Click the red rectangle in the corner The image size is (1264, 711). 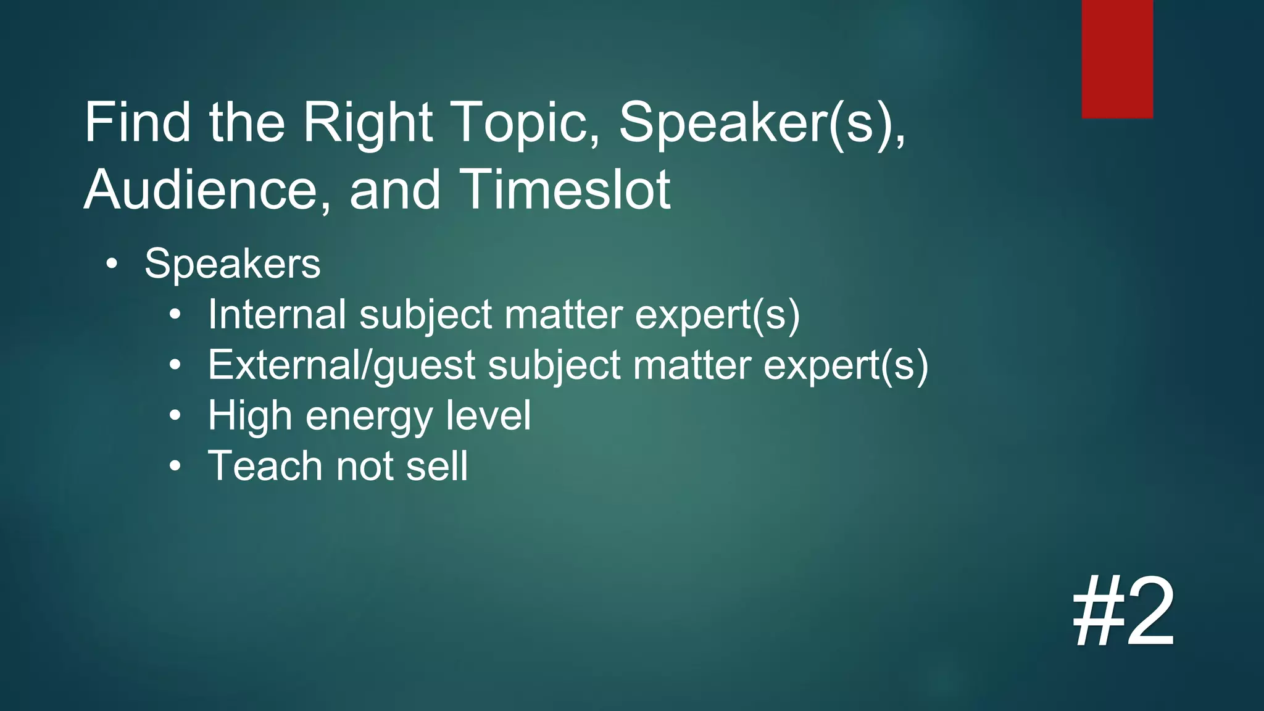click(x=1117, y=59)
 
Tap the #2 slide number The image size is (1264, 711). click(x=1123, y=612)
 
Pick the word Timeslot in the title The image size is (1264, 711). click(x=565, y=189)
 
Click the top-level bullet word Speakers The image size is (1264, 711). click(x=232, y=264)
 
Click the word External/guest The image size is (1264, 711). click(x=341, y=365)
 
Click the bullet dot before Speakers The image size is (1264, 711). click(x=111, y=264)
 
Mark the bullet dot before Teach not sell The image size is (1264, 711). click(x=175, y=466)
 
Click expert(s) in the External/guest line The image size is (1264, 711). click(x=846, y=365)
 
